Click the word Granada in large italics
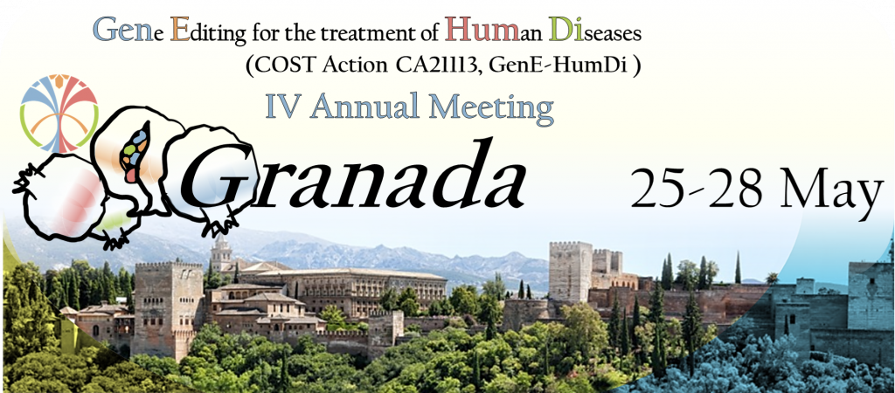(x=353, y=174)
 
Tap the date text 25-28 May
(x=757, y=189)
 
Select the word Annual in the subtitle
(x=364, y=107)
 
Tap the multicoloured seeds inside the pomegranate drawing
(x=134, y=153)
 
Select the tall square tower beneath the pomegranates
(x=168, y=308)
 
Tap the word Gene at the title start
(x=122, y=31)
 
